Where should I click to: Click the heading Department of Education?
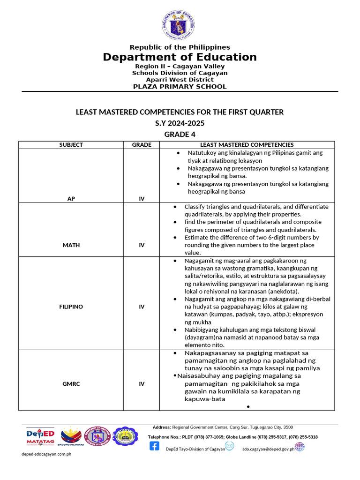[180, 57]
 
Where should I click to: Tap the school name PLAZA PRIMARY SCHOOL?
[180, 87]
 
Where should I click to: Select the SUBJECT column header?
[71, 145]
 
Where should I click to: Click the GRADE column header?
[142, 145]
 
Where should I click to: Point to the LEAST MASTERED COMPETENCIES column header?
[247, 145]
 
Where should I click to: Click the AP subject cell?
[71, 199]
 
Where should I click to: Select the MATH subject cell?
[71, 245]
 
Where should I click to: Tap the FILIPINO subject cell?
[71, 307]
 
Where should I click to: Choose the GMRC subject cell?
[71, 384]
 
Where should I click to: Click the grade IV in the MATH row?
[142, 245]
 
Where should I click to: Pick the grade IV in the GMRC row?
[142, 384]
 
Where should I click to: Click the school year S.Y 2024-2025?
[180, 123]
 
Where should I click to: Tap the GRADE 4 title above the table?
[180, 135]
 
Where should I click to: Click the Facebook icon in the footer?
[154, 446]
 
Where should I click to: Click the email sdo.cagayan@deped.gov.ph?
[268, 449]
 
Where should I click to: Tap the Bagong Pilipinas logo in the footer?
[71, 436]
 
